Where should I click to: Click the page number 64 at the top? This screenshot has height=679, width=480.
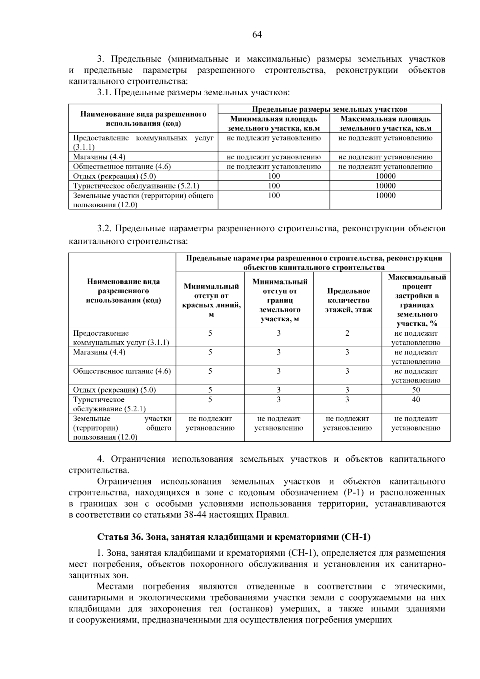[x=257, y=35]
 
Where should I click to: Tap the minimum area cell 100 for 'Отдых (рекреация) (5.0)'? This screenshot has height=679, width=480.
[x=274, y=176]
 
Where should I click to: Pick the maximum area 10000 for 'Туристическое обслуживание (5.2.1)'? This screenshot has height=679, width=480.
[x=386, y=186]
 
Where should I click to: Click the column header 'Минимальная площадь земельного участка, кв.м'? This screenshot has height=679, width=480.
[x=274, y=124]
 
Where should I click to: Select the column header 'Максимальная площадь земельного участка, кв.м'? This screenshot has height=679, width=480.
[x=386, y=124]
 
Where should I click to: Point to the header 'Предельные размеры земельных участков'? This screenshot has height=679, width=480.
[x=330, y=109]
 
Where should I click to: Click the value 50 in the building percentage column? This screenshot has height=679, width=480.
[x=416, y=390]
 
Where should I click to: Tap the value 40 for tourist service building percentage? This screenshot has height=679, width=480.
[x=416, y=400]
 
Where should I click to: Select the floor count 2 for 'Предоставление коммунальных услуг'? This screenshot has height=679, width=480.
[x=347, y=333]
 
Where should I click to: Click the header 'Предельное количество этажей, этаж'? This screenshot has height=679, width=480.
[x=347, y=300]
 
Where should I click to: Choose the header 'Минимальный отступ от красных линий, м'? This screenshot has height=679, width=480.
[x=211, y=300]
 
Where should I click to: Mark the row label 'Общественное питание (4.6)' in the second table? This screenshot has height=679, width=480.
[x=122, y=371]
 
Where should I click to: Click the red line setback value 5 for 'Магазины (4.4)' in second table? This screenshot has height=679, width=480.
[x=210, y=353]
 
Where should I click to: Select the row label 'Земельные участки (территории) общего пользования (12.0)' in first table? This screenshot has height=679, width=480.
[x=143, y=200]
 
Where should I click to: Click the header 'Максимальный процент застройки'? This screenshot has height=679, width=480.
[x=416, y=300]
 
